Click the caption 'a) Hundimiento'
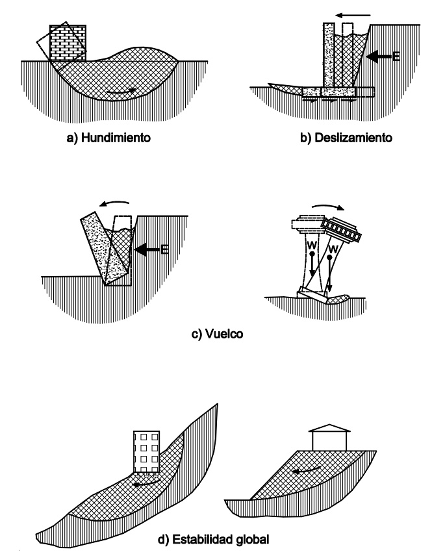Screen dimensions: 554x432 click(x=113, y=138)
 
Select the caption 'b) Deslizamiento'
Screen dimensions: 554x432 click(x=324, y=138)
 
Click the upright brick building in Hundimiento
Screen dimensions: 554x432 click(x=70, y=44)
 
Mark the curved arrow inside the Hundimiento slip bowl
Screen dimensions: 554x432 click(x=123, y=94)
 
